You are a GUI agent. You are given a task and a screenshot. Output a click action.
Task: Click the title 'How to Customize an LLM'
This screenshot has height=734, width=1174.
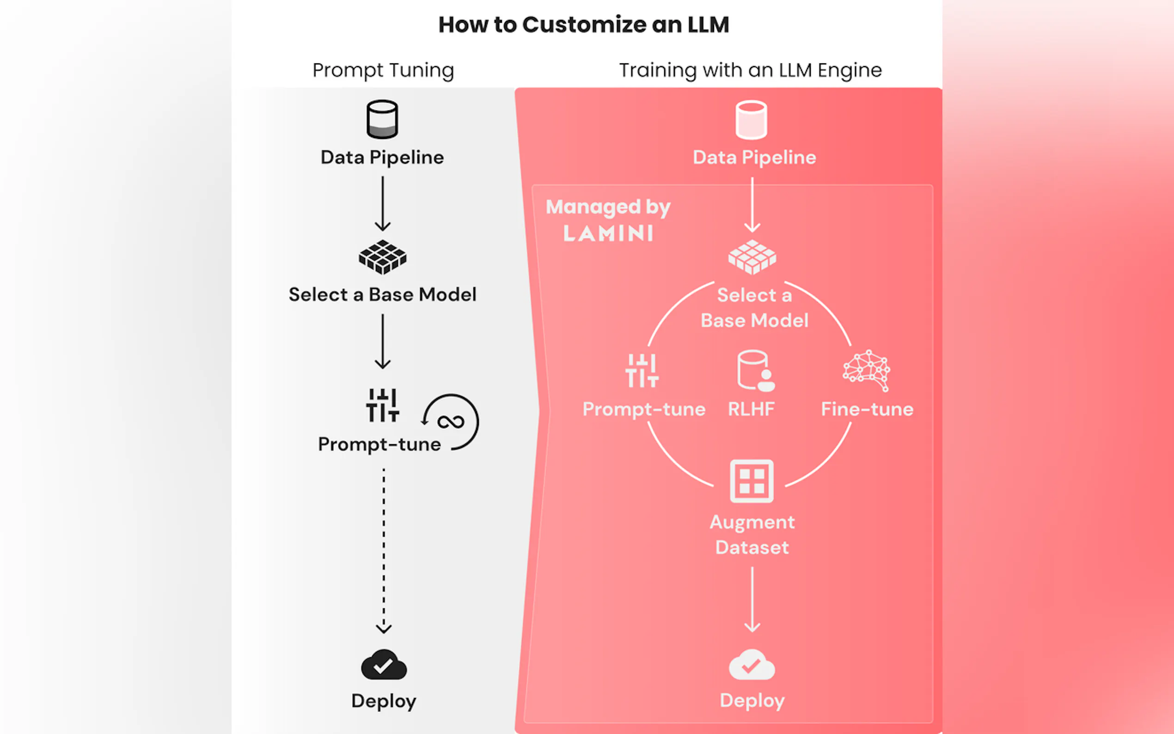click(583, 25)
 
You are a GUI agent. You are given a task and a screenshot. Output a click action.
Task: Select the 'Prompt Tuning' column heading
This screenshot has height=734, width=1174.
click(383, 70)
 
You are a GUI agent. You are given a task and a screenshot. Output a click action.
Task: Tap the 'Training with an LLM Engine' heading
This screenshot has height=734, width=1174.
click(750, 70)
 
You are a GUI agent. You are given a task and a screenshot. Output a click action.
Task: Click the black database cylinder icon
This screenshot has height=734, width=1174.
click(382, 119)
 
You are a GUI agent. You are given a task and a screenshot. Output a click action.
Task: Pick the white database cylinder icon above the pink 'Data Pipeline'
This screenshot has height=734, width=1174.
click(751, 119)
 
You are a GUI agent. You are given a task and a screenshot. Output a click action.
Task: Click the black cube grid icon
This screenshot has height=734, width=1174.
click(382, 257)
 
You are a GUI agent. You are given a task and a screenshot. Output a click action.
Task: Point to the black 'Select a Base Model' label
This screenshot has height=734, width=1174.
click(382, 295)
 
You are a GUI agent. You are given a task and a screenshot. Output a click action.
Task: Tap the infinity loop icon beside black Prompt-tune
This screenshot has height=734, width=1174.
click(451, 422)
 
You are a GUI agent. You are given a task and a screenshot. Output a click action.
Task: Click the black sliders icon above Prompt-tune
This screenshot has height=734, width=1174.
click(382, 405)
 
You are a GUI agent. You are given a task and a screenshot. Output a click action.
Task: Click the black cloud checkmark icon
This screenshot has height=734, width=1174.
click(384, 665)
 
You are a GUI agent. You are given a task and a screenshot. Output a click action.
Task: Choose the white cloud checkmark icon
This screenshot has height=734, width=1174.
click(751, 665)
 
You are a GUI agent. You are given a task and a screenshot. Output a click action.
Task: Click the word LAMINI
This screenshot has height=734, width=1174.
click(608, 233)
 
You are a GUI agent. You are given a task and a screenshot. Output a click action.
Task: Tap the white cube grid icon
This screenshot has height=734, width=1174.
click(752, 257)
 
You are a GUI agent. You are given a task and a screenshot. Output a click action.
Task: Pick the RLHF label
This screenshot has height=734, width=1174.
click(751, 409)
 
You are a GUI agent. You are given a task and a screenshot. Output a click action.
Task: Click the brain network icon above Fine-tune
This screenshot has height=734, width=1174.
click(866, 370)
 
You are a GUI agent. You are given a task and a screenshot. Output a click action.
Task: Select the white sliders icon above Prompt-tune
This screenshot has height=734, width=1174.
click(642, 371)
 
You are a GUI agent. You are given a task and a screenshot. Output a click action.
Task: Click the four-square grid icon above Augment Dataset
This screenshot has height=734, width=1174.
click(751, 481)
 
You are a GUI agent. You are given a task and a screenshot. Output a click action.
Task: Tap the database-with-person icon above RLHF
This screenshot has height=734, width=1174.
click(755, 370)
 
